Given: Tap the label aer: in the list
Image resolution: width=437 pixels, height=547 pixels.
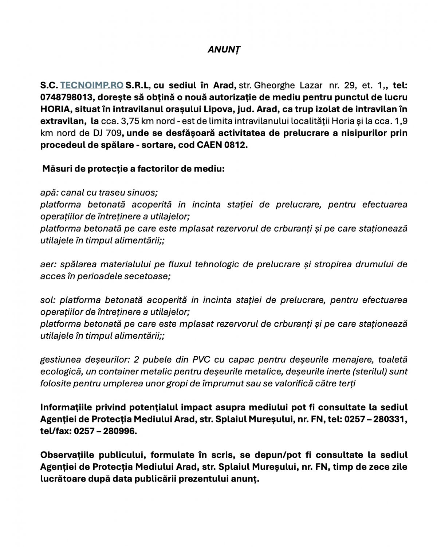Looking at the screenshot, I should pos(48,264).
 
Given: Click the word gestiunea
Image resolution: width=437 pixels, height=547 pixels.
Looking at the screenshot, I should pos(58,360).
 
